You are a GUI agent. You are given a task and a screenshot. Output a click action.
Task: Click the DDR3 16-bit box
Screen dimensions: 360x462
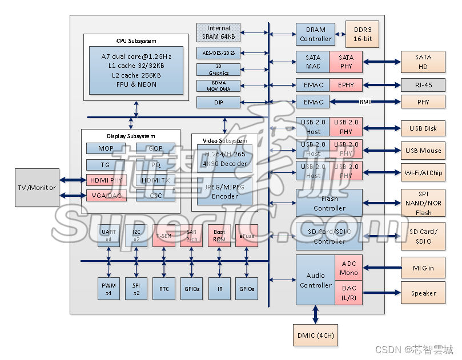pyautogui.click(x=362, y=34)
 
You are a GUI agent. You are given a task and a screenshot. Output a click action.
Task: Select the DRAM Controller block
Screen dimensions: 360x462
pyautogui.click(x=315, y=34)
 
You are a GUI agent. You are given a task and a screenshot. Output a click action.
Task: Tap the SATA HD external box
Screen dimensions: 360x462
pyautogui.click(x=423, y=62)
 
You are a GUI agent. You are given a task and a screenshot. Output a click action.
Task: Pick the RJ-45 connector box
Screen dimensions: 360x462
pyautogui.click(x=423, y=85)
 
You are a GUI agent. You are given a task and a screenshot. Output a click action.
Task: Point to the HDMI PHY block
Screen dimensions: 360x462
pyautogui.click(x=106, y=180)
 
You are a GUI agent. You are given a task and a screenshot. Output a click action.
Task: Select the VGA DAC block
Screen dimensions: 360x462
pyautogui.click(x=106, y=195)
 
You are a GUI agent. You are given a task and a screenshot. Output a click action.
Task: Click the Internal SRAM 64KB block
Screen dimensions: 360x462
pyautogui.click(x=219, y=33)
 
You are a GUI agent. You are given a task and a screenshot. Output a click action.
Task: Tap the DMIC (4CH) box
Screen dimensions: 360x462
pyautogui.click(x=315, y=335)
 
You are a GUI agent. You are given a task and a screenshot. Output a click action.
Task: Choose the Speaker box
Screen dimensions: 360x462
pyautogui.click(x=423, y=293)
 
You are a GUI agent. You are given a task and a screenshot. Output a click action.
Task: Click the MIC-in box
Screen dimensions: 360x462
pyautogui.click(x=423, y=268)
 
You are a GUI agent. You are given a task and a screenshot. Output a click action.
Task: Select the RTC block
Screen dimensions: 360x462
pyautogui.click(x=164, y=289)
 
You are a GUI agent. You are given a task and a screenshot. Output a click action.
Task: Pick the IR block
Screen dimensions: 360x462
pyautogui.click(x=220, y=289)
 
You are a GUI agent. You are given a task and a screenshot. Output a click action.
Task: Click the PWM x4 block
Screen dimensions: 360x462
pyautogui.click(x=109, y=289)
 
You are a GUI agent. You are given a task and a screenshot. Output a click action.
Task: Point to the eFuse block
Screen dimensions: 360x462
pyautogui.click(x=247, y=236)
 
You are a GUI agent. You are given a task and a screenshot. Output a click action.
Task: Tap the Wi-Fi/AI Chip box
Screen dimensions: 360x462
pyautogui.click(x=423, y=173)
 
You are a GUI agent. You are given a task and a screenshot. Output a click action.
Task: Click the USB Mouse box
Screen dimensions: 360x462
pyautogui.click(x=423, y=151)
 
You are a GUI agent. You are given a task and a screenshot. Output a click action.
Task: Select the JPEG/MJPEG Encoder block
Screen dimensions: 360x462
pyautogui.click(x=225, y=191)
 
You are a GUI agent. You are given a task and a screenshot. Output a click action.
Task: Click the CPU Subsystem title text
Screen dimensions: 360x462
pyautogui.click(x=136, y=41)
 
